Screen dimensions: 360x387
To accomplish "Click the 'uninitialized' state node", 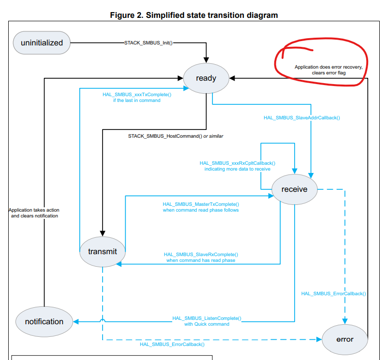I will tap(42, 43).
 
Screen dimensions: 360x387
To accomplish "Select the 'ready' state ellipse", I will tap(206, 78).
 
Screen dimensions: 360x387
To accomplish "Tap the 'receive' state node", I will tap(295, 189).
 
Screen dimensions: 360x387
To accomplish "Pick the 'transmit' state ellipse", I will tap(103, 251).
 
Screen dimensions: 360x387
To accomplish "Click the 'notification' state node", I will tap(44, 321).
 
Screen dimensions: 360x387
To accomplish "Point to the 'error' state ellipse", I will tap(345, 339).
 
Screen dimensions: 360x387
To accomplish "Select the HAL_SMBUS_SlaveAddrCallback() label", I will tap(301, 117).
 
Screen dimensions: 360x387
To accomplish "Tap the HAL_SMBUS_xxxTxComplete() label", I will tap(137, 94).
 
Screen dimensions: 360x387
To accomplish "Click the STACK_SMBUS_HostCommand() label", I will tap(165, 136).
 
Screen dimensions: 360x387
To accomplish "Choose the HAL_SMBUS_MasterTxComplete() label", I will tap(201, 204).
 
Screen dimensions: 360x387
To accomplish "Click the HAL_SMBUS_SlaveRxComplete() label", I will tap(201, 255).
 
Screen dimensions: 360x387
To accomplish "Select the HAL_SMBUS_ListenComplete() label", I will tap(207, 318).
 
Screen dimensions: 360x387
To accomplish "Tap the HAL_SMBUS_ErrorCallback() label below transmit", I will tap(172, 344).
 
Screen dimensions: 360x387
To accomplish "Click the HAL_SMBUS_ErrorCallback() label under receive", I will tap(333, 293).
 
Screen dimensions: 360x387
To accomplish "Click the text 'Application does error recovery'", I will tap(328, 67).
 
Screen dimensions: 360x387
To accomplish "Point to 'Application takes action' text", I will tap(34, 210).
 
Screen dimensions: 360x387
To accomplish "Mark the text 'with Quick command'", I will tap(207, 324).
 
